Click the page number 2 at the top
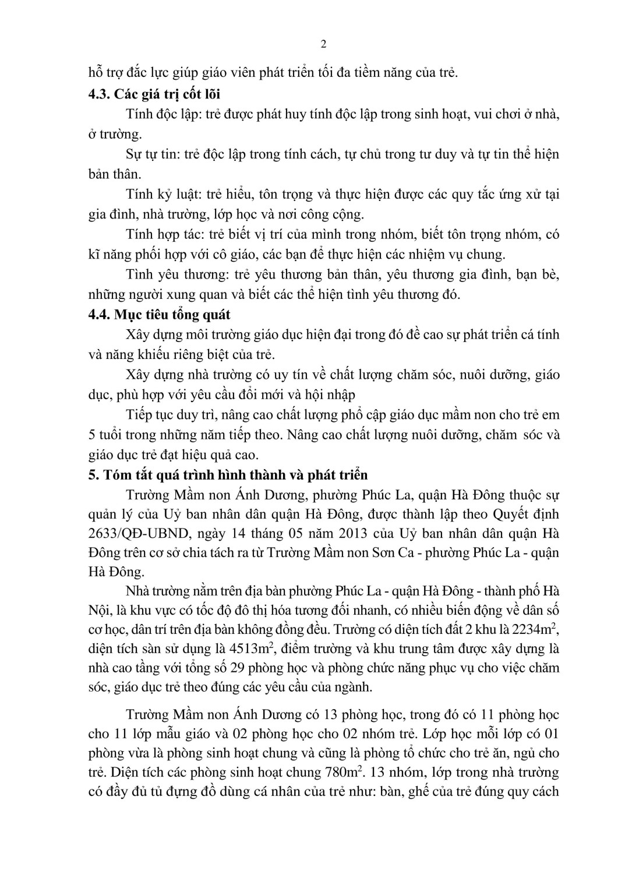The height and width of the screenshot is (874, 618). (324, 44)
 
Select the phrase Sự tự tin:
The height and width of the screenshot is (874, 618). (153, 154)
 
